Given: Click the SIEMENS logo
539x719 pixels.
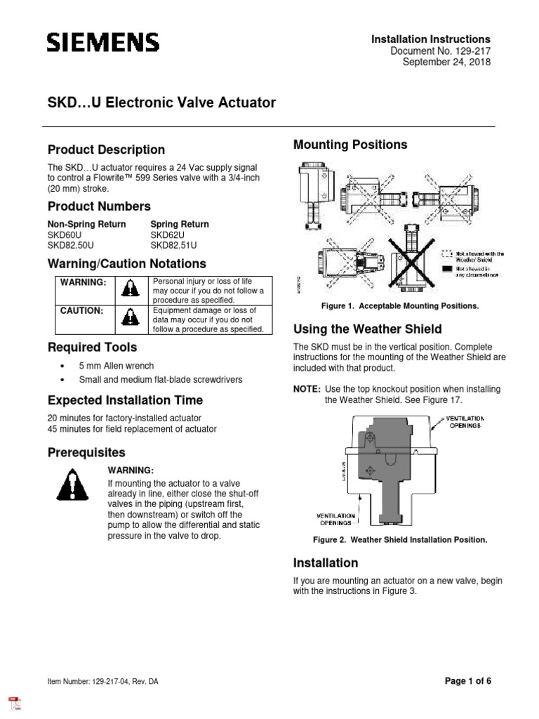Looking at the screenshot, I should click(102, 43).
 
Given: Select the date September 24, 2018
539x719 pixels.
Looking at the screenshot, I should click(446, 62).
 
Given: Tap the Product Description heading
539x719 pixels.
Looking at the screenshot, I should click(106, 150).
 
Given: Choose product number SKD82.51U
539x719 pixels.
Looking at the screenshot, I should click(174, 245).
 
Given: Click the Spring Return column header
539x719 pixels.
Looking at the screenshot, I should click(180, 224).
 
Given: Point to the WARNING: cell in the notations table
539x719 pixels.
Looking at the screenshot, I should click(83, 282).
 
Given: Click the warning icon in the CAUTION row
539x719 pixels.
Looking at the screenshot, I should click(129, 318).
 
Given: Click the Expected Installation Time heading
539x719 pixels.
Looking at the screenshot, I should click(125, 400).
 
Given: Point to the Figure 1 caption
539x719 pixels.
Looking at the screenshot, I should click(399, 306).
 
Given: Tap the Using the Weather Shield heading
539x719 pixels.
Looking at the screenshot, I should click(367, 329).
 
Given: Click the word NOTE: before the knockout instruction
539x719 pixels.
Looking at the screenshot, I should click(307, 389).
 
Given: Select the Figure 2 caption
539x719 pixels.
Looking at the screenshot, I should click(399, 539).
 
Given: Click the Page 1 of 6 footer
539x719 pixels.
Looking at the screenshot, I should click(468, 680).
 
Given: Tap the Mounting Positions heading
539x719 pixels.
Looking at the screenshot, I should click(350, 145).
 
